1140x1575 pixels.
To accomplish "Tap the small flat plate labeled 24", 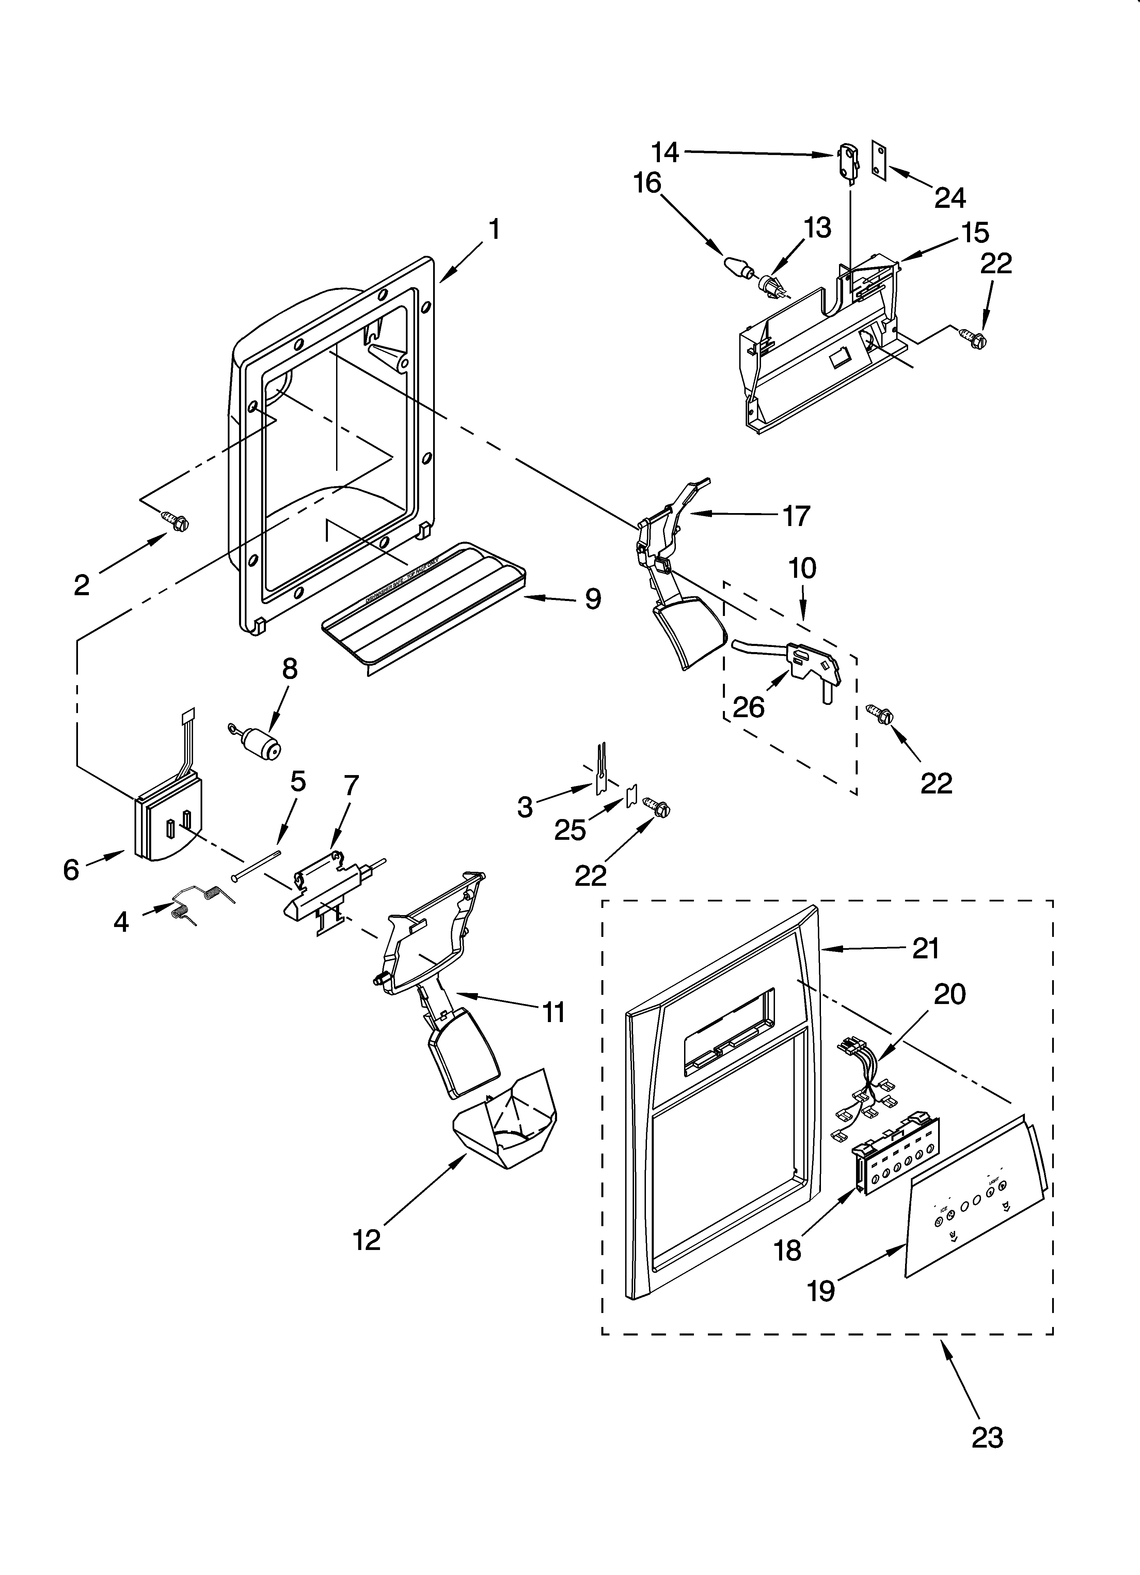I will point(880,163).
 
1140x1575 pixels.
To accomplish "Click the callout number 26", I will point(748,707).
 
